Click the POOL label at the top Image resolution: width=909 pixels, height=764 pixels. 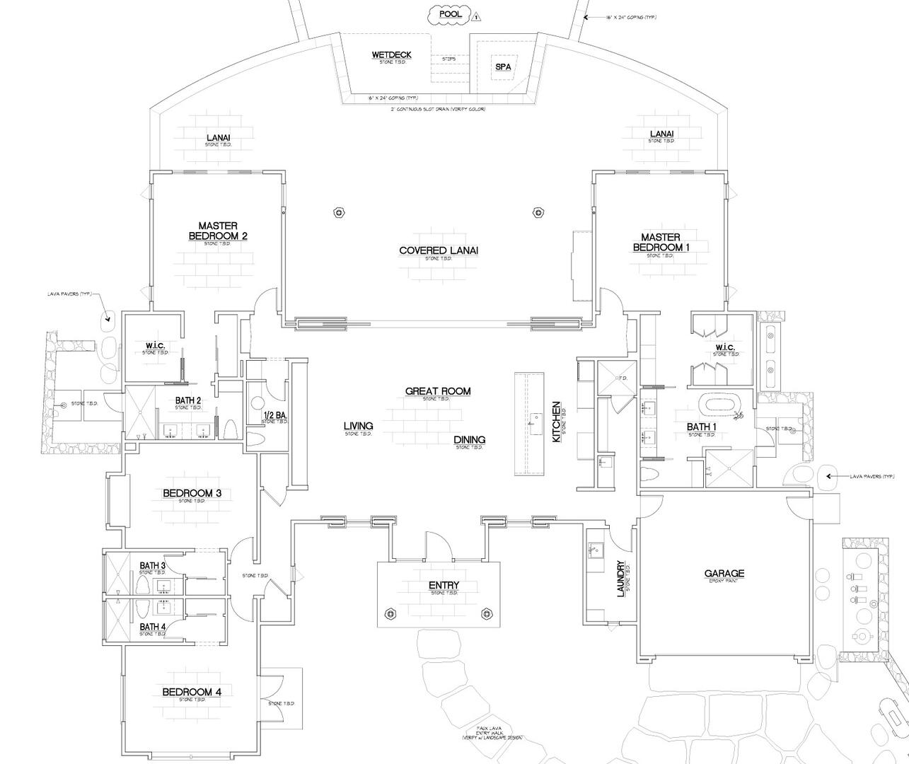(451, 14)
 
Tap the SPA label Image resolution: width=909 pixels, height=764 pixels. (503, 67)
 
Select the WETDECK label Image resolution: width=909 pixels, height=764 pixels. (391, 55)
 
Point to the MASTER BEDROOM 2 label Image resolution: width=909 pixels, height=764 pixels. (218, 231)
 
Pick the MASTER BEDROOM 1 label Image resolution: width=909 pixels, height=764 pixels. (661, 242)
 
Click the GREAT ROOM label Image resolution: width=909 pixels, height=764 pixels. (438, 391)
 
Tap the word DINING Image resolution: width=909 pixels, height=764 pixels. (470, 439)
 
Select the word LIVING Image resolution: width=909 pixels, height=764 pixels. (359, 426)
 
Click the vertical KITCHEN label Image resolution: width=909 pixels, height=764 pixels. (557, 422)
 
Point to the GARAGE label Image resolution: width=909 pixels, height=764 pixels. (724, 574)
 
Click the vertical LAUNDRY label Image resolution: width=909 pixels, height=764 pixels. (621, 579)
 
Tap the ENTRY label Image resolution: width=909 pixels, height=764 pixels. (444, 585)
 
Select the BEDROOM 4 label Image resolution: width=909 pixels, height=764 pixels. (192, 692)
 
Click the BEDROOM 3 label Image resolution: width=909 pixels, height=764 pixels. (192, 493)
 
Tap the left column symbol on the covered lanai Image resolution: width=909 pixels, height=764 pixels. (340, 212)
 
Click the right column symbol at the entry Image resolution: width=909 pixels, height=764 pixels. (486, 613)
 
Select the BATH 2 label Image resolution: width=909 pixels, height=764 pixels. (187, 400)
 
